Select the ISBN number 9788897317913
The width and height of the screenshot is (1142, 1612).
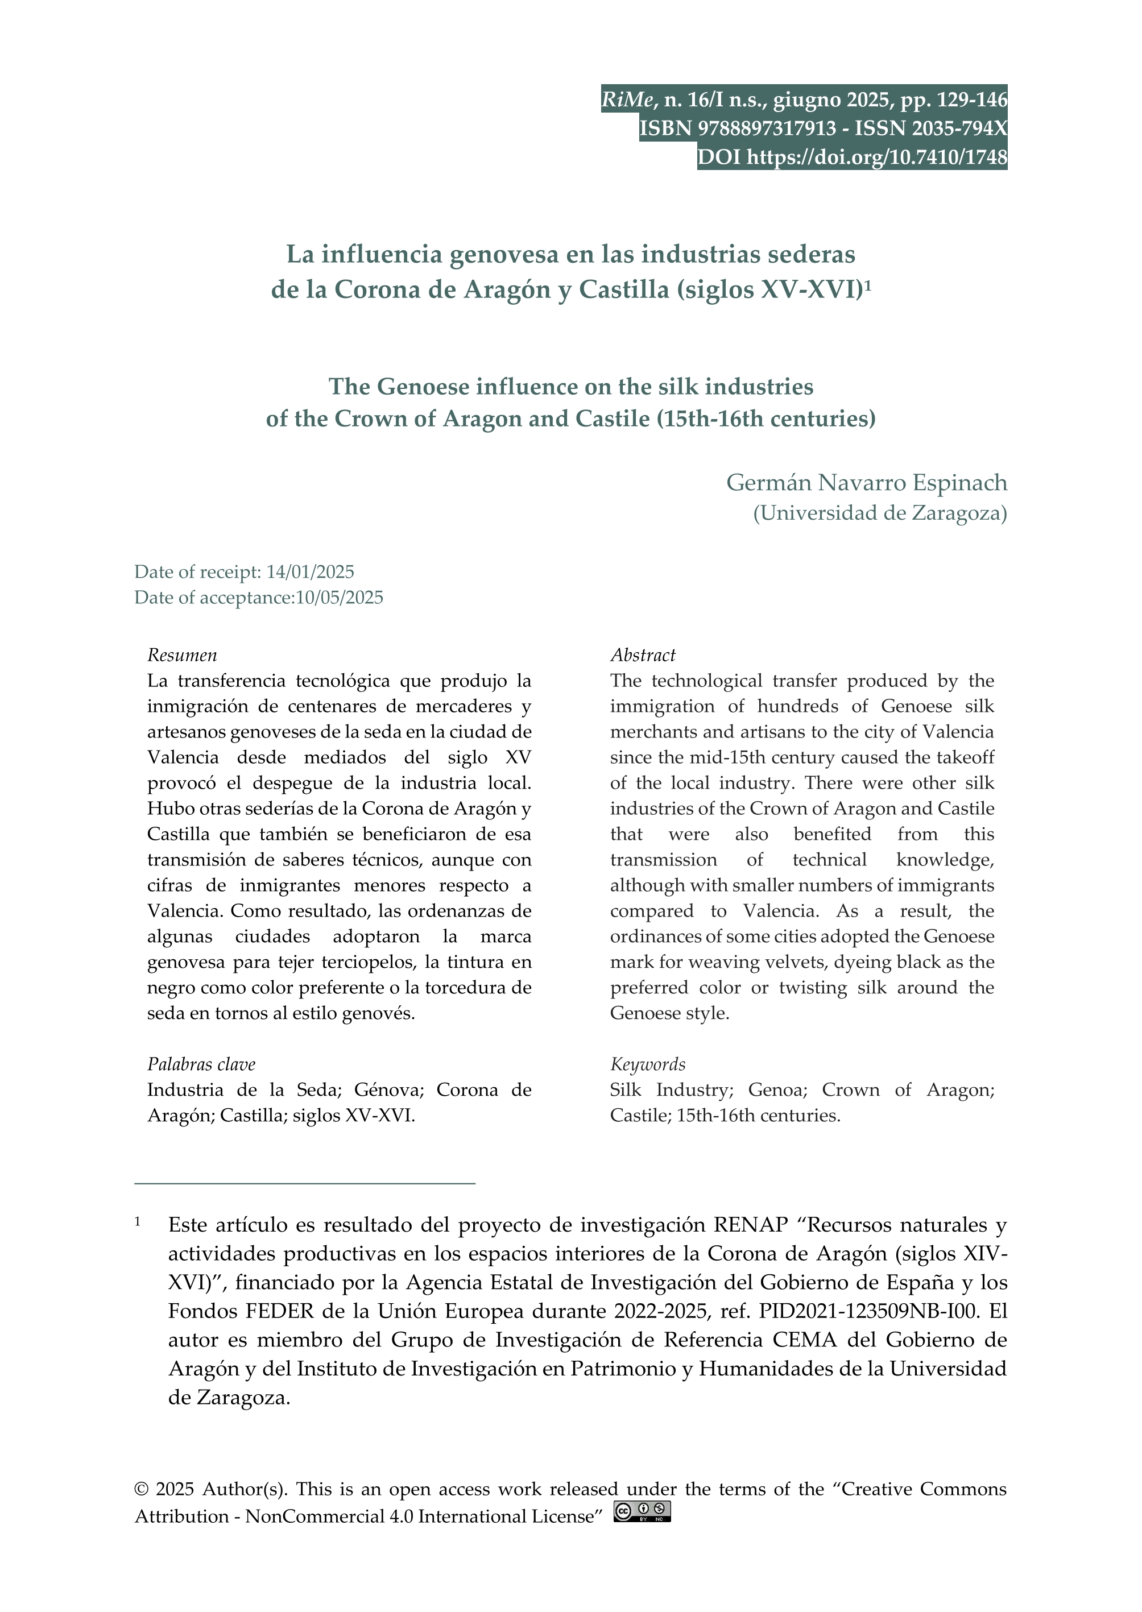767,129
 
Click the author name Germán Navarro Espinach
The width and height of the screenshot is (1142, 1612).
866,482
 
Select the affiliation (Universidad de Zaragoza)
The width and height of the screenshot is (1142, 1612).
880,513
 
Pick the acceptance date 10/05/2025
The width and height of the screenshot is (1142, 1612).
340,598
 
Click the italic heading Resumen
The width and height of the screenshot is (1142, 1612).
182,655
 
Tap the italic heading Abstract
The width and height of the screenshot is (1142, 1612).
643,655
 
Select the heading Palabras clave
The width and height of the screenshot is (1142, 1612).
201,1064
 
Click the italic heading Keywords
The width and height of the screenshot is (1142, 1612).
648,1064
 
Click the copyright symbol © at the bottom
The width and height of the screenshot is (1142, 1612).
142,1489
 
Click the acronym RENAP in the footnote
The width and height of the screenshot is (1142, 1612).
751,1225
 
